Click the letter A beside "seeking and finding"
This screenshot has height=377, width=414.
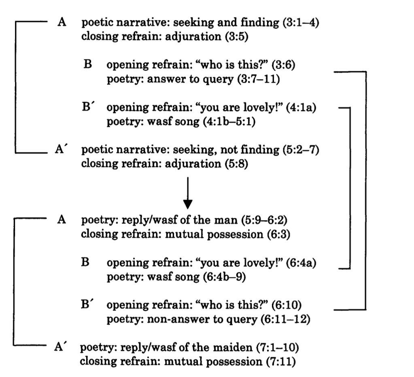tap(62, 23)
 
